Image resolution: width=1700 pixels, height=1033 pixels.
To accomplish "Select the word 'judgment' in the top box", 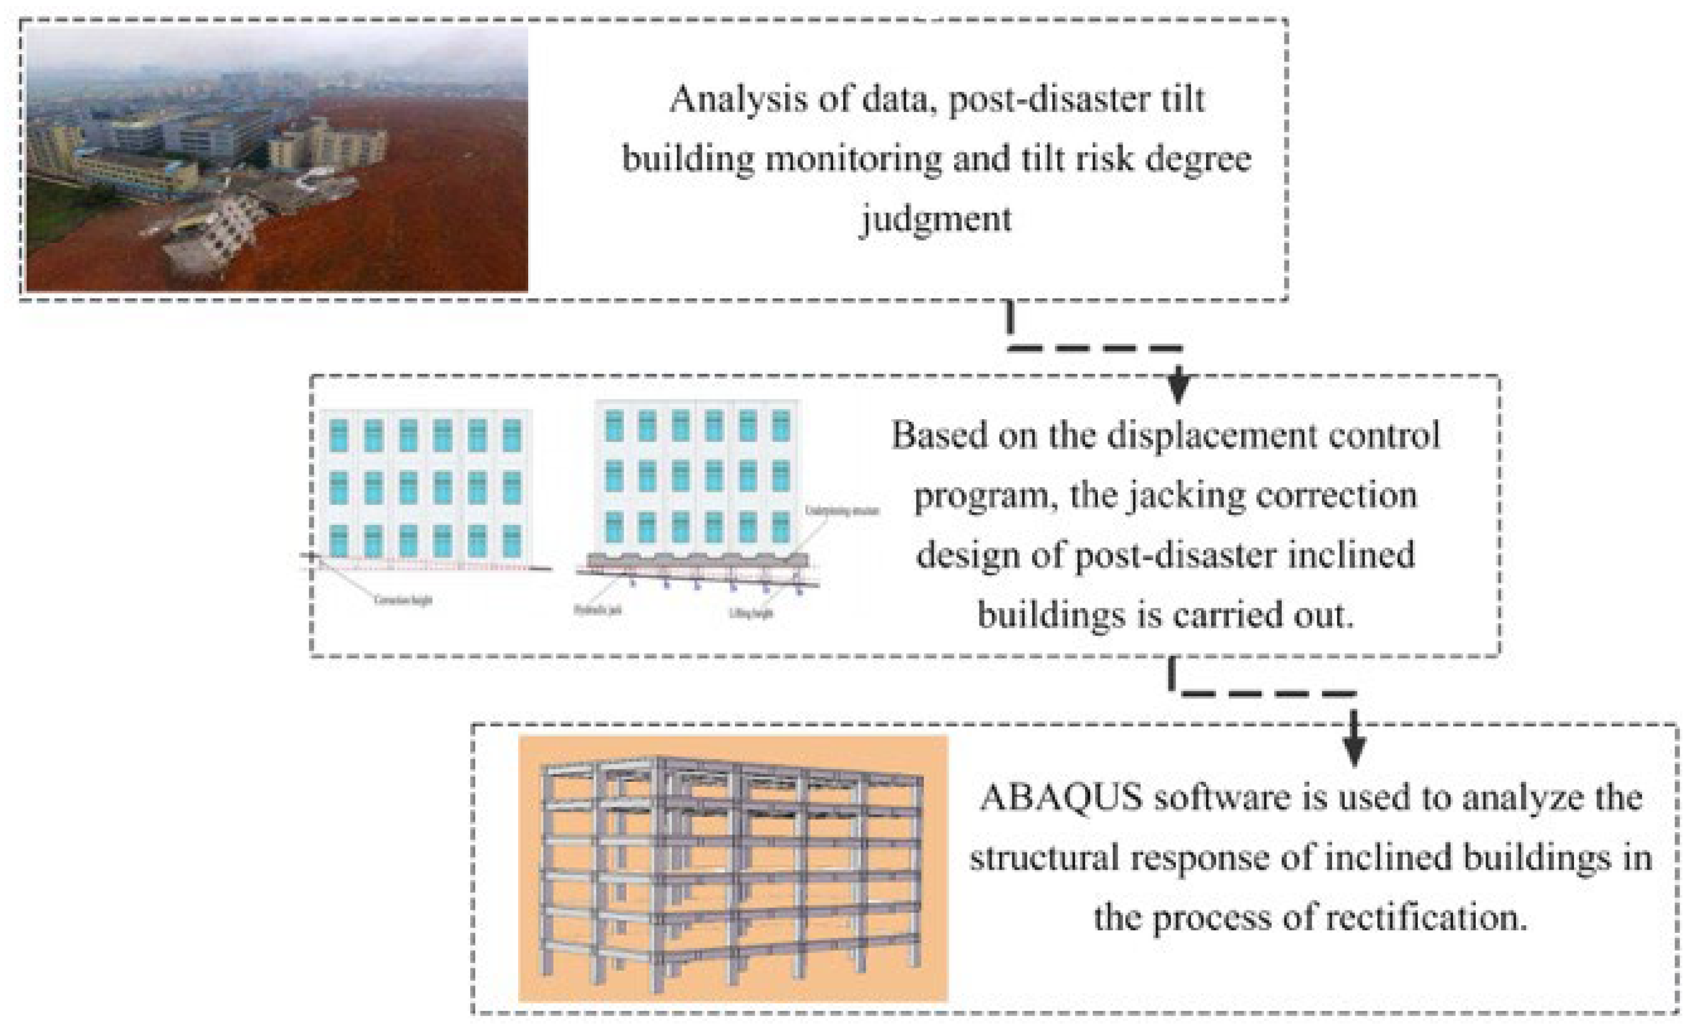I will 935,219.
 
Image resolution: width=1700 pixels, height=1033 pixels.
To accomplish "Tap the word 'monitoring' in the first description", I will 854,158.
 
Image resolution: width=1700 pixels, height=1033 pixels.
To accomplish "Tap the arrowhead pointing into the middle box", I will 1178,390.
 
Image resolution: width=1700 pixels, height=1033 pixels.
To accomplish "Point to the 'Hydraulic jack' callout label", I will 597,610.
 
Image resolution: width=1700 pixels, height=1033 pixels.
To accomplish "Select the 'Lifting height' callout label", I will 751,613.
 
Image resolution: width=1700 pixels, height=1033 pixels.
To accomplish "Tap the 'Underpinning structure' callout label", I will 843,511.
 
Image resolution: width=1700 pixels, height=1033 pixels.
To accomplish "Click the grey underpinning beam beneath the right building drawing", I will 697,560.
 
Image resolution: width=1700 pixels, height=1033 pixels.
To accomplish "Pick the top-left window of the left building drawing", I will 338,435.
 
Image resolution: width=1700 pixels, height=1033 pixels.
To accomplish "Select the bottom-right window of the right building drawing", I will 780,527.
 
